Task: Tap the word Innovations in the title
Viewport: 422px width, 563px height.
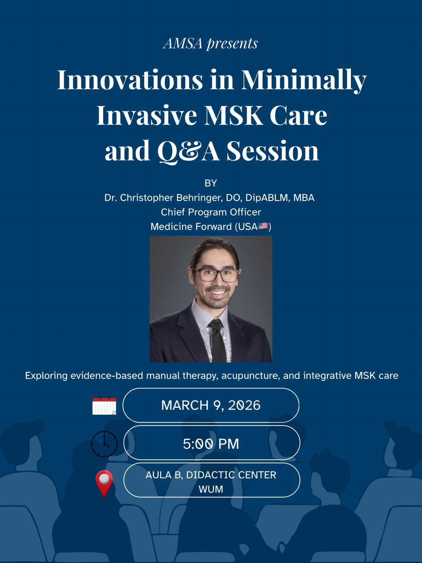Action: (130, 79)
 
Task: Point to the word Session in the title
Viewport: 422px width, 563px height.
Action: (273, 151)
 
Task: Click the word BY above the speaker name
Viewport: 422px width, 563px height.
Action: (211, 183)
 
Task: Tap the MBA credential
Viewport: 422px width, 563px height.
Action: (304, 198)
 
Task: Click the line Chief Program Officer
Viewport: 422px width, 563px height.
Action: (211, 212)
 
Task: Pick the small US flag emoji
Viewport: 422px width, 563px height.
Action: (263, 226)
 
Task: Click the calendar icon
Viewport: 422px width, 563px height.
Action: (104, 405)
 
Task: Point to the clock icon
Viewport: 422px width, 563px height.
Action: (104, 444)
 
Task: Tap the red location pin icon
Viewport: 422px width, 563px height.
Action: (104, 483)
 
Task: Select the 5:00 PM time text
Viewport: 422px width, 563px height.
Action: (211, 444)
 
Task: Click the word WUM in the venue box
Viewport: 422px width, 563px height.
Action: (211, 489)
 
